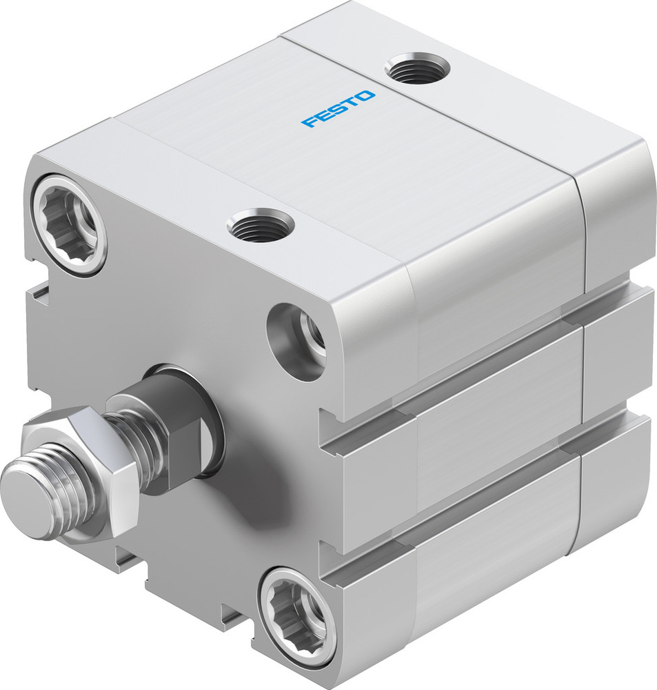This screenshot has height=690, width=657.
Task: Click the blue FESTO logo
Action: (x=338, y=110)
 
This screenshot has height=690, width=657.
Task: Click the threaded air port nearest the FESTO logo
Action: (x=417, y=69)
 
